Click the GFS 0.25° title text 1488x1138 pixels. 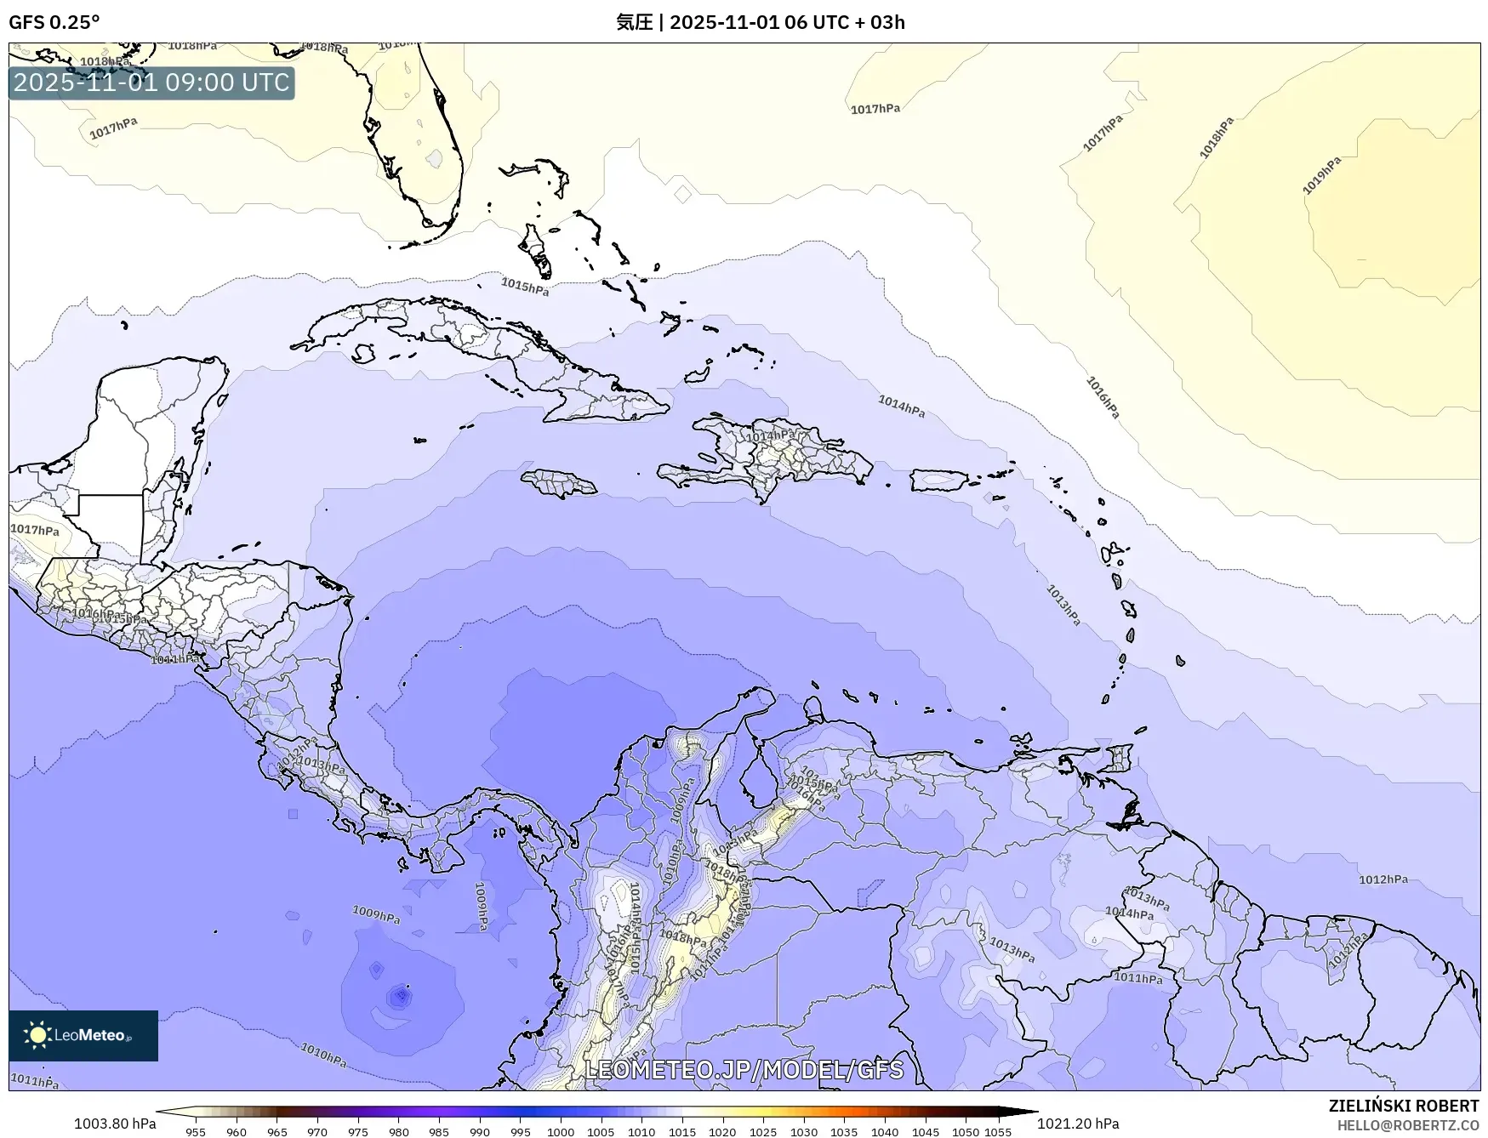54,22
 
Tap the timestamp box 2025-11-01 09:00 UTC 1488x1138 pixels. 151,83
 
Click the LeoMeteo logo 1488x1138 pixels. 83,1035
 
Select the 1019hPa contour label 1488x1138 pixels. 1321,175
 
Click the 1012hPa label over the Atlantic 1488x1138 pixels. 1383,879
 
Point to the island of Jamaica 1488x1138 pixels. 559,484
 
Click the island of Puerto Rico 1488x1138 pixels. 939,480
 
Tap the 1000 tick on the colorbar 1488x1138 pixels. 560,1131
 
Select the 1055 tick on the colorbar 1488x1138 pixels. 998,1131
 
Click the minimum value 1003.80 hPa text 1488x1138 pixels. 115,1124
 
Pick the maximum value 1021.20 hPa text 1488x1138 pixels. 1078,1124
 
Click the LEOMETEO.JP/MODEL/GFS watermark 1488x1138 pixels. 744,1069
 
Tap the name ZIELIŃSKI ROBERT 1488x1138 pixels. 1404,1106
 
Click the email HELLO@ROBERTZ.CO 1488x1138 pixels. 1407,1125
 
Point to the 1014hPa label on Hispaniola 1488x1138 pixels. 771,436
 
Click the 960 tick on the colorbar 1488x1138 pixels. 237,1131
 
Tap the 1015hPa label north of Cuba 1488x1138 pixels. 524,287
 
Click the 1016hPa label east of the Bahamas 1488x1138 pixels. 1103,397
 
